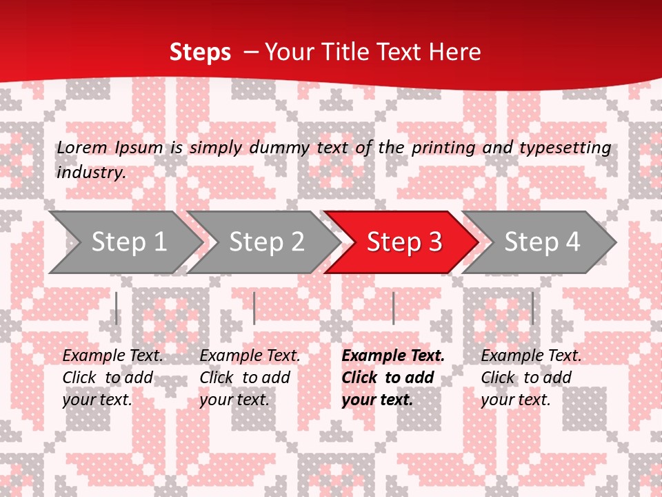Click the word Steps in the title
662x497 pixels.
point(200,52)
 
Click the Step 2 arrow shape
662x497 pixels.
point(266,242)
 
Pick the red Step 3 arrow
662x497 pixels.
point(404,242)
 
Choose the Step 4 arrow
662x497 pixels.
point(542,242)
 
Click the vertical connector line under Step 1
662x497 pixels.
point(117,308)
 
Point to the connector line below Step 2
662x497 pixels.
point(254,308)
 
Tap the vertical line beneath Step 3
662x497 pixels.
point(393,308)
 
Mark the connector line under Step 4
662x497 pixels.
point(532,308)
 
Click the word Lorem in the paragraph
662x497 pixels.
point(82,147)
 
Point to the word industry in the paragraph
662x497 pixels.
point(91,172)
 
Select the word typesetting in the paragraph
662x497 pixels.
point(565,147)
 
